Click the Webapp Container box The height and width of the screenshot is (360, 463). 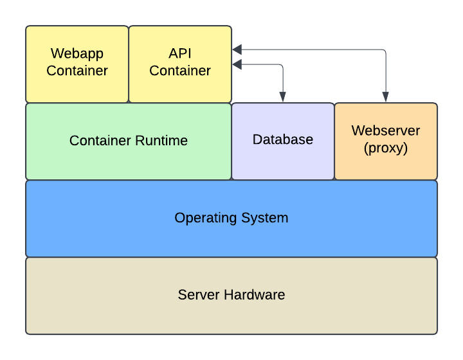tap(77, 64)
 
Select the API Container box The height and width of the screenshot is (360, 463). tap(180, 64)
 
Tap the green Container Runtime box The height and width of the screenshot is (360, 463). tap(129, 141)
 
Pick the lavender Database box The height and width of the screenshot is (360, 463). tap(283, 141)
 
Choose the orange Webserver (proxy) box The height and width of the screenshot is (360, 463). tap(386, 141)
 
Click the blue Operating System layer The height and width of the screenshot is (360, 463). tap(232, 219)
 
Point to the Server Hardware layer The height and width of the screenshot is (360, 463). tap(232, 296)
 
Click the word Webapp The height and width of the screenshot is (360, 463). tap(77, 54)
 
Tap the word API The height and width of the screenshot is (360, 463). tap(180, 53)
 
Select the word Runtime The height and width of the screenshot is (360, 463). tap(161, 140)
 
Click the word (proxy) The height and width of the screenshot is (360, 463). tap(386, 148)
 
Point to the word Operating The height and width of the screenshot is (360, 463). tap(206, 219)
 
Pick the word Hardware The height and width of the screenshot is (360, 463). tap(254, 294)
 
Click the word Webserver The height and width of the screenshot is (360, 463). tap(386, 130)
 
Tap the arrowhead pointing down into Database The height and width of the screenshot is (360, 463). tap(282, 97)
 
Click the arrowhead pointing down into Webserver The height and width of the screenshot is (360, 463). tap(385, 97)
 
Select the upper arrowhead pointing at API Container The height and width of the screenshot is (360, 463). tap(237, 50)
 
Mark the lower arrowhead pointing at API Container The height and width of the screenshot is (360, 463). tap(237, 64)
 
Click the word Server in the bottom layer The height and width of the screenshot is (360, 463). tap(199, 294)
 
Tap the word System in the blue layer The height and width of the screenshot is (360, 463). tap(264, 219)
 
